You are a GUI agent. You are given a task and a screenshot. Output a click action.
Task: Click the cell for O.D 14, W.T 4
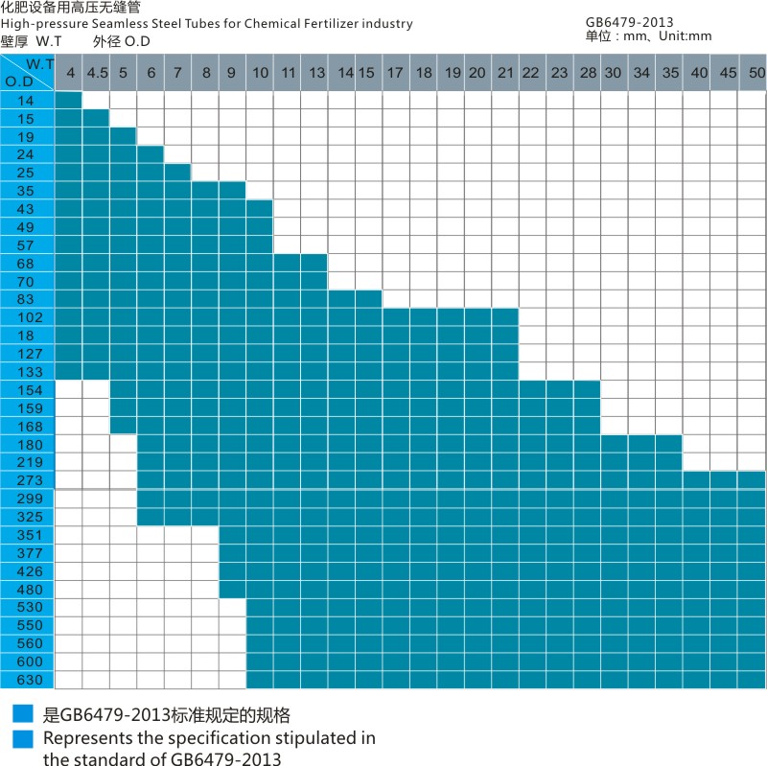68,100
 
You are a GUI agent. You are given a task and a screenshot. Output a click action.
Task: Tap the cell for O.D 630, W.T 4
68,680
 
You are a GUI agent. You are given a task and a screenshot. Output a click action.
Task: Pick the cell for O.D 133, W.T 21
506,372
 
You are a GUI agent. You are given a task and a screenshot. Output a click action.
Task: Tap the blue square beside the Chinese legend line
23,714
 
